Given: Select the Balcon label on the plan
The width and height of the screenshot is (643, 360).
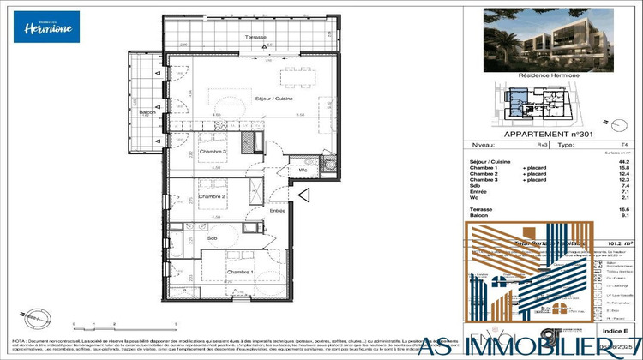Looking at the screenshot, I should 147,112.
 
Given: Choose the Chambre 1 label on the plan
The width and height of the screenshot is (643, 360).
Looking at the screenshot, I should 239,272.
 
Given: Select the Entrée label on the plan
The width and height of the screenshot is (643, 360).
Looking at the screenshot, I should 278,210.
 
